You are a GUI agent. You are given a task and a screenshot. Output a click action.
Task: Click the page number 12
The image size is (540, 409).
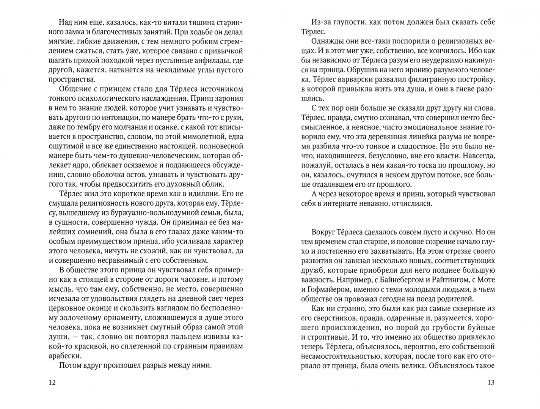(52, 382)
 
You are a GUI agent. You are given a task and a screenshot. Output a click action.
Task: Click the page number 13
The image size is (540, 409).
(491, 382)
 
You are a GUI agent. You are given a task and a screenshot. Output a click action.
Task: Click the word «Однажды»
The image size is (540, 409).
(328, 41)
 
